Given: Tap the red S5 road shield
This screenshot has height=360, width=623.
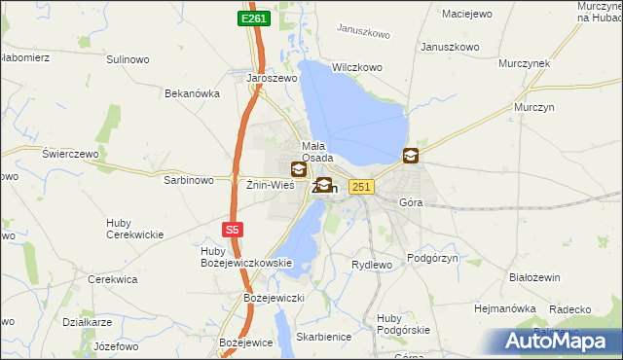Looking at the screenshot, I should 231,230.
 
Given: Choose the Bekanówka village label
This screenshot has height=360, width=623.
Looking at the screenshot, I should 193,93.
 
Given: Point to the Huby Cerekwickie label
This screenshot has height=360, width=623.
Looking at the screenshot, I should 134,229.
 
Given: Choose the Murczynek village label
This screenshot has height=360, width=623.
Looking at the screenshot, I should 525,62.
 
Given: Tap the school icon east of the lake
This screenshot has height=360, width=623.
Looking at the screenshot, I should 411,155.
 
